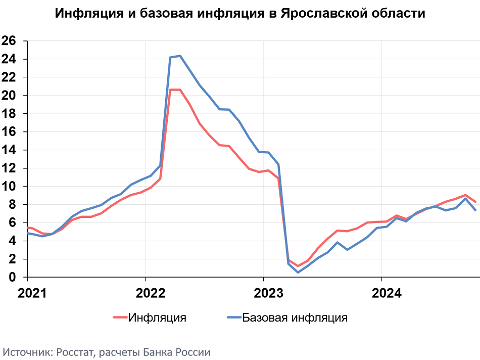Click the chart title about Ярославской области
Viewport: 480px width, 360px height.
240,14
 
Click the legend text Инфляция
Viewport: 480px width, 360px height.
157,318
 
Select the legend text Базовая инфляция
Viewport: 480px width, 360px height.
295,318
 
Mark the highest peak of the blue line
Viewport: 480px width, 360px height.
180,56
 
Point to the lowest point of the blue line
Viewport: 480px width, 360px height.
298,273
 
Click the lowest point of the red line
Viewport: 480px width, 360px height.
298,266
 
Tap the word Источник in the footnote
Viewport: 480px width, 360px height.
25,352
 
